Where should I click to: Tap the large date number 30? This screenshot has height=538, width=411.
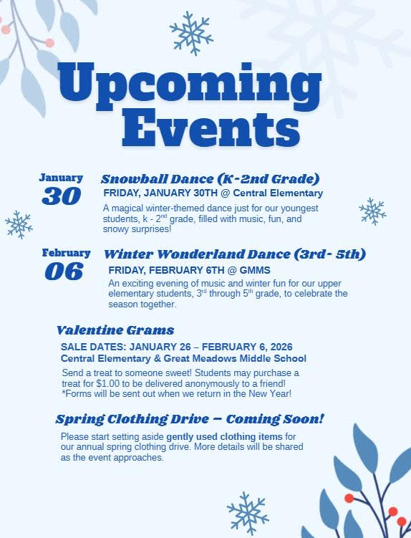(62, 196)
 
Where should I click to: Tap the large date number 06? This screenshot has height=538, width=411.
(64, 271)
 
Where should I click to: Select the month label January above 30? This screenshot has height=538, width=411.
(61, 178)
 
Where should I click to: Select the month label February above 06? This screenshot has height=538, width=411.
(66, 253)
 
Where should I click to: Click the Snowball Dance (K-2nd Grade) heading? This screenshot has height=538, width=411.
(210, 178)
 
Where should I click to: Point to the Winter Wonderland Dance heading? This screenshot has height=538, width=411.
(235, 254)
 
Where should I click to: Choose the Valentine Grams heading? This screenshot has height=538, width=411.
(115, 330)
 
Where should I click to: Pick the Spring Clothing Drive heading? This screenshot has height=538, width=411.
(190, 418)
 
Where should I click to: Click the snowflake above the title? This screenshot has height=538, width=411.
(191, 32)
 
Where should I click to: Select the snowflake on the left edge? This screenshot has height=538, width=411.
(19, 224)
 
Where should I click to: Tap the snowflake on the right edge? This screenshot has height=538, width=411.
(372, 211)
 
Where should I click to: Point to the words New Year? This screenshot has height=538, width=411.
(268, 393)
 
